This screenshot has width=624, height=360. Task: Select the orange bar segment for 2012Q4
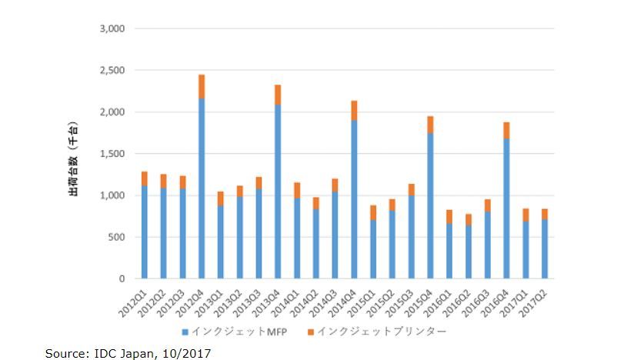click(x=202, y=86)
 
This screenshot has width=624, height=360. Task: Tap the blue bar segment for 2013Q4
click(x=278, y=192)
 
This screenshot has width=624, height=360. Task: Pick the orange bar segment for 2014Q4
click(x=354, y=110)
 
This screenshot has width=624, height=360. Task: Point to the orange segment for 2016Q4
click(x=506, y=130)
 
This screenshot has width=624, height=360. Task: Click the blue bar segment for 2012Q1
click(x=145, y=232)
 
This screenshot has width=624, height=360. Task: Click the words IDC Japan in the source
click(x=119, y=352)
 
